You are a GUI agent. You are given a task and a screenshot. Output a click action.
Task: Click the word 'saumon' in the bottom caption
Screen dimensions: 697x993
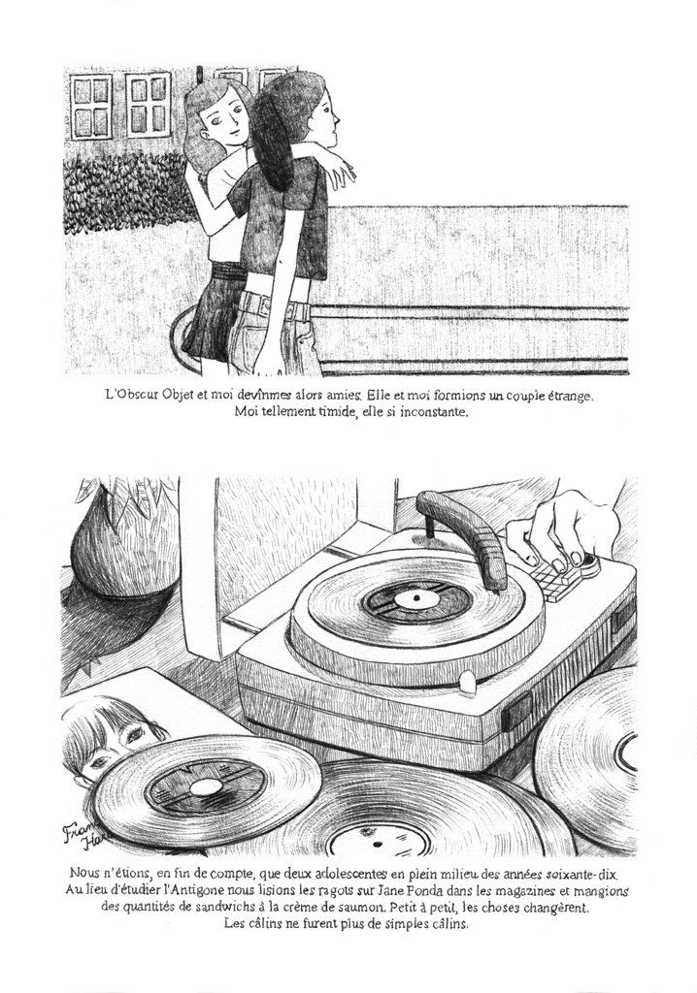coord(366,907)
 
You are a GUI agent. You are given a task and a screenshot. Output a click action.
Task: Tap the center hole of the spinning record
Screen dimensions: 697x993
coord(416,597)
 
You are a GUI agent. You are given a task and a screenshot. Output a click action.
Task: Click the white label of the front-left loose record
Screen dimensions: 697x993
coord(202,787)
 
